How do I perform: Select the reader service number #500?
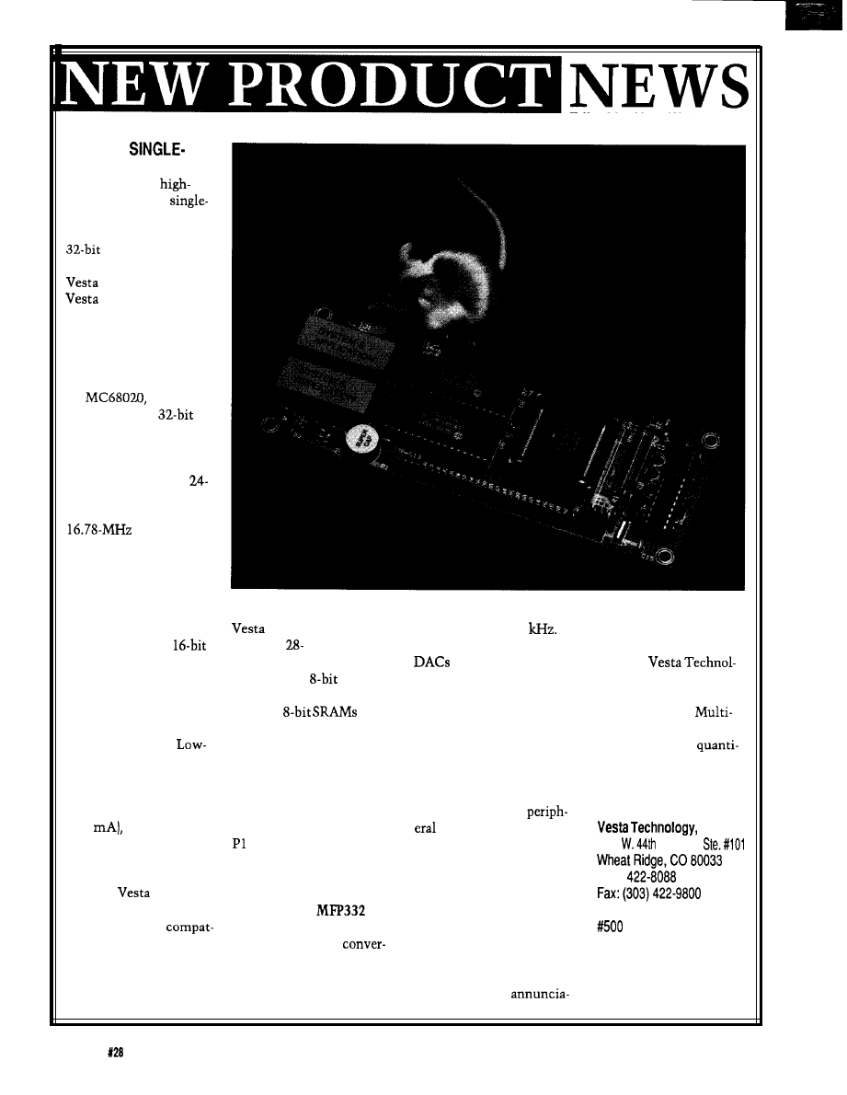click(610, 927)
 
